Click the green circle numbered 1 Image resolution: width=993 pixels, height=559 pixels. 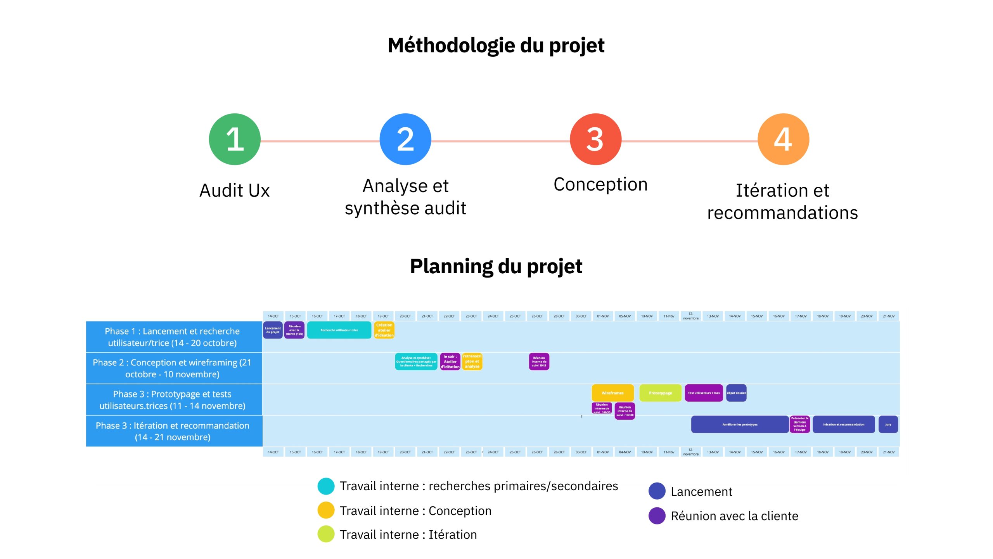[x=235, y=139]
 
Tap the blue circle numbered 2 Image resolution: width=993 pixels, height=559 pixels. [x=405, y=139]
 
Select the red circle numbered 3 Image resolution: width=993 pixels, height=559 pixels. [x=595, y=139]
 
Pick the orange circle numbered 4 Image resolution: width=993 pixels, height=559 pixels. [x=783, y=139]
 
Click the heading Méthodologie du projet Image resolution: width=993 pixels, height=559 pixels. [x=496, y=45]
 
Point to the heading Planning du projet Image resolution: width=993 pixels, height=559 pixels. [x=496, y=266]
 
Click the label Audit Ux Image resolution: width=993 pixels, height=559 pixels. [x=234, y=191]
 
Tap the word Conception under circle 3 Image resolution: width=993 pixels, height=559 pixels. [x=600, y=184]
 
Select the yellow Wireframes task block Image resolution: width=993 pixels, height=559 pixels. [x=612, y=393]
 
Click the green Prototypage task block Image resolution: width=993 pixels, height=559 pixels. [x=660, y=393]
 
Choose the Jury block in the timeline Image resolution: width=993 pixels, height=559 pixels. [x=888, y=424]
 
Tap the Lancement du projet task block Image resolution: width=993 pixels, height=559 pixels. [x=273, y=330]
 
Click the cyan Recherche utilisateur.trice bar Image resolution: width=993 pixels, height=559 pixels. [x=339, y=330]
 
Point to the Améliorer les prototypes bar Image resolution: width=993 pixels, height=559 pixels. [x=740, y=424]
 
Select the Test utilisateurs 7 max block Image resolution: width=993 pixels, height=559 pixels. [x=704, y=393]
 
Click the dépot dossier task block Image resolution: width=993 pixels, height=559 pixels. [x=736, y=393]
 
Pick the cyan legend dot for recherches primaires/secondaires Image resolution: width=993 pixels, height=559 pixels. [x=326, y=486]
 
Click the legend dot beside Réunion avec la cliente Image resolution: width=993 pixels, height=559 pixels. [x=657, y=516]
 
